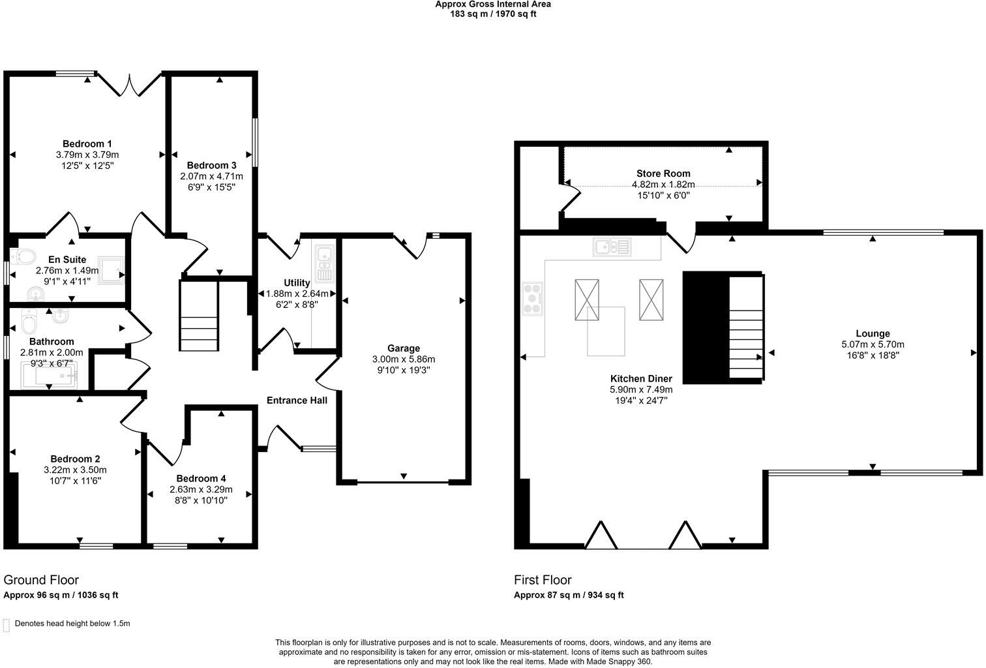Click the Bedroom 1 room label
click(87, 144)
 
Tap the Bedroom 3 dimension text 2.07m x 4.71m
click(211, 176)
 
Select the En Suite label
click(67, 260)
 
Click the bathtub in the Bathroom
click(50, 375)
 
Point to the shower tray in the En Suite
click(111, 270)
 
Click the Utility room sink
click(324, 264)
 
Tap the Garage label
click(404, 348)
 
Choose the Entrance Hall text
click(297, 401)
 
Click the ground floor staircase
click(199, 316)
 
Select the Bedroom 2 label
click(75, 459)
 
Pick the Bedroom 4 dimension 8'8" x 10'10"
click(201, 500)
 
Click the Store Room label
click(663, 174)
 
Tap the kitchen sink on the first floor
click(612, 247)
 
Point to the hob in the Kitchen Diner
click(532, 299)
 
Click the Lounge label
click(873, 333)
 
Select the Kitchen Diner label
click(641, 379)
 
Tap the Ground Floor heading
click(41, 580)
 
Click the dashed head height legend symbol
click(6, 626)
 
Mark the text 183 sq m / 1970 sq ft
click(493, 14)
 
